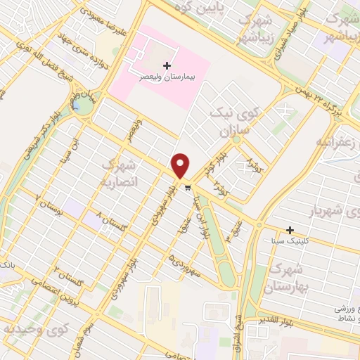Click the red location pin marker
pos(181,166)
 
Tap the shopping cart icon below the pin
pos(186,187)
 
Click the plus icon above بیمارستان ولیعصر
pos(167,65)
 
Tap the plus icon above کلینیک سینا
pos(290,230)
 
